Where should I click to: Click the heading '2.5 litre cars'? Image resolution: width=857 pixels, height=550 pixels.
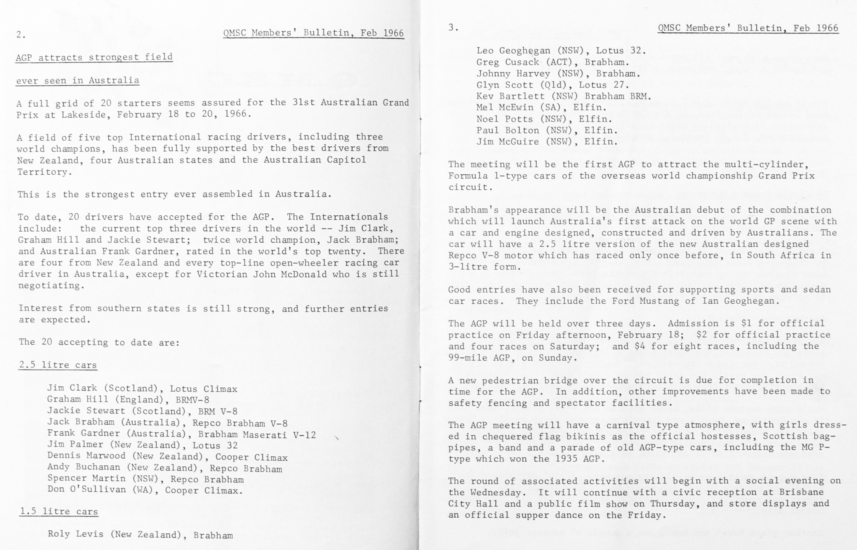coord(58,365)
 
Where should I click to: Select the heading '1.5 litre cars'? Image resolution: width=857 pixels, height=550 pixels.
coord(59,511)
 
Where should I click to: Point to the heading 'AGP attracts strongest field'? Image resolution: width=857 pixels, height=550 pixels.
coord(94,57)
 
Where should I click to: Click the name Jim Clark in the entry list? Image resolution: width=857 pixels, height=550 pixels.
coord(72,388)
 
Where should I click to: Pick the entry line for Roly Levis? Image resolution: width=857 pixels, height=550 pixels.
coord(140,534)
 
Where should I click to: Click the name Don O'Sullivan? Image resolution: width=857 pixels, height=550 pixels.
coord(87,489)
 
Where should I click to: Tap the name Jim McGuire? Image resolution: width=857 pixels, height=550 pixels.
coord(508,142)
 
